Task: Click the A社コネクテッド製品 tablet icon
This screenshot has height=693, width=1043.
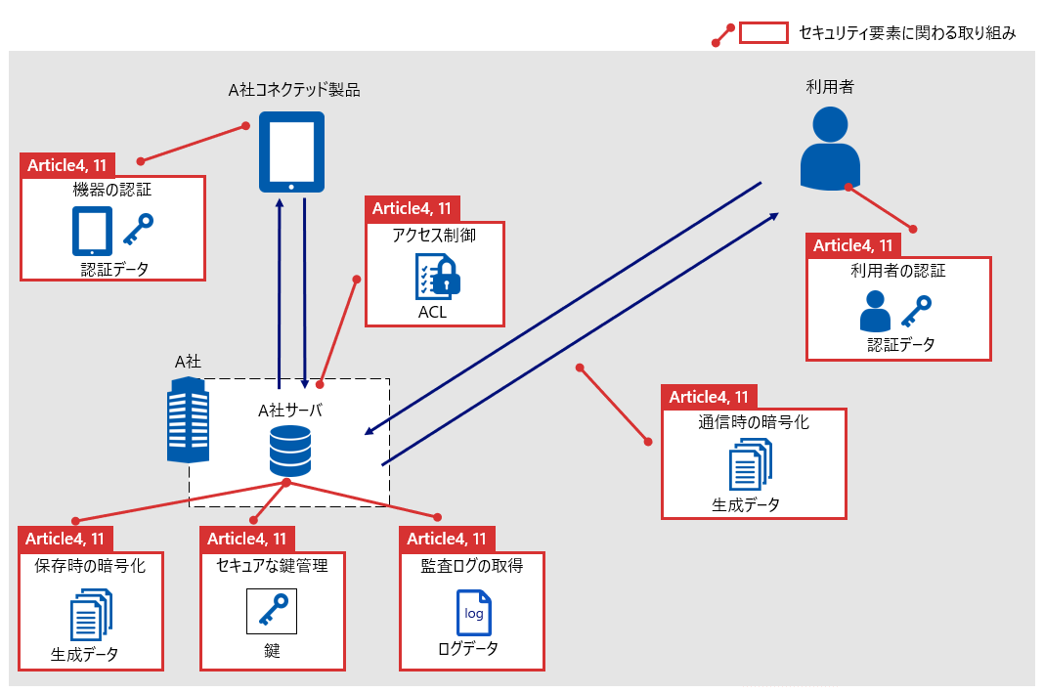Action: (291, 152)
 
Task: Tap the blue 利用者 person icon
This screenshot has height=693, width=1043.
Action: (830, 149)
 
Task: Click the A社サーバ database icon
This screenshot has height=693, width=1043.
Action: (289, 451)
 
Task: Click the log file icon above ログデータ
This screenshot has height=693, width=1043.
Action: (474, 613)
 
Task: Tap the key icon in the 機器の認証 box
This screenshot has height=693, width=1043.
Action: (138, 230)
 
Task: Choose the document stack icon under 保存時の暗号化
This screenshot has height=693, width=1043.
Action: (91, 614)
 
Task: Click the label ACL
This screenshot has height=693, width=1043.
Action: (432, 313)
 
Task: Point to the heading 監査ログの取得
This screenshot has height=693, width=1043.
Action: (471, 565)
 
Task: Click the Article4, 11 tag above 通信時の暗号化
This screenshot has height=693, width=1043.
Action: (710, 397)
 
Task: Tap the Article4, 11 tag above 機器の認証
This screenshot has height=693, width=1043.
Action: (67, 164)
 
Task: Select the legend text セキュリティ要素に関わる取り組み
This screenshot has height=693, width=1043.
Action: (907, 33)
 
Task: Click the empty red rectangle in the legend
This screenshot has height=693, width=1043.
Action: (763, 33)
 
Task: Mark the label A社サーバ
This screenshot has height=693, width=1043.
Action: (290, 410)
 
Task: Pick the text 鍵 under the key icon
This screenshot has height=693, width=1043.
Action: (272, 650)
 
